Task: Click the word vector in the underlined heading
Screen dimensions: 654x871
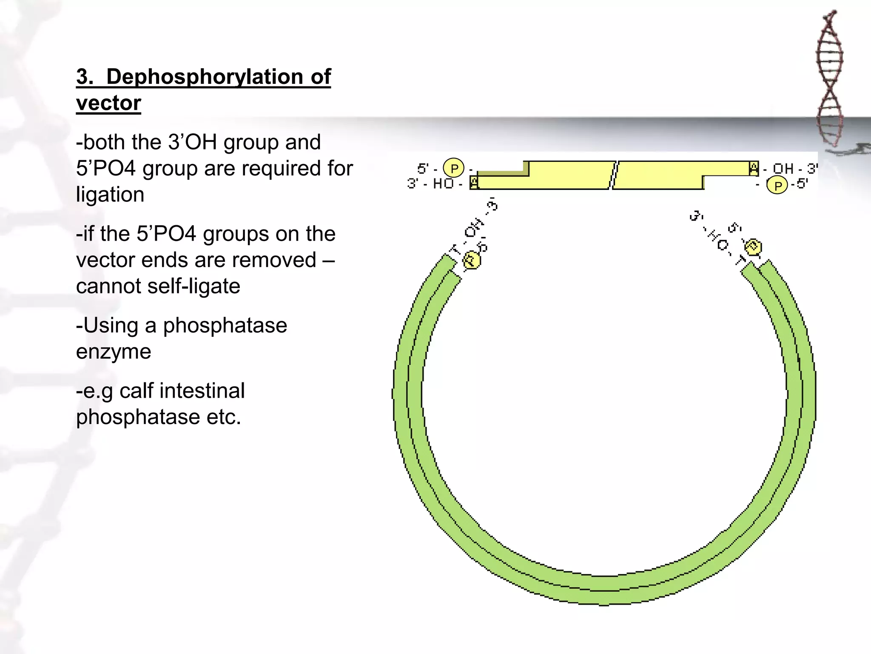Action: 108,103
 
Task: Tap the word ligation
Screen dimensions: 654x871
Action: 110,195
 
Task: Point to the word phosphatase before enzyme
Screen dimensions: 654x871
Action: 225,326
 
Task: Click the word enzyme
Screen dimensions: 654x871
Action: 114,352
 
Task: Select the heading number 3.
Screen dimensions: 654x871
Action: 84,77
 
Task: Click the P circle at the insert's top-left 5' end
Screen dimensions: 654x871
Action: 454,168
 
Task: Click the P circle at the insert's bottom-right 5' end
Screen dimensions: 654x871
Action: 777,186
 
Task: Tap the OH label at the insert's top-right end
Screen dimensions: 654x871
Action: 783,169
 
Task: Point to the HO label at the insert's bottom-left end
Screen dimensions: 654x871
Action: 443,184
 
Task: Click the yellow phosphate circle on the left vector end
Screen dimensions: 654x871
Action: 471,260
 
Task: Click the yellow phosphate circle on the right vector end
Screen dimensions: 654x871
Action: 753,247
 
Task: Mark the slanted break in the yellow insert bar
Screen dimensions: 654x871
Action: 614,175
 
